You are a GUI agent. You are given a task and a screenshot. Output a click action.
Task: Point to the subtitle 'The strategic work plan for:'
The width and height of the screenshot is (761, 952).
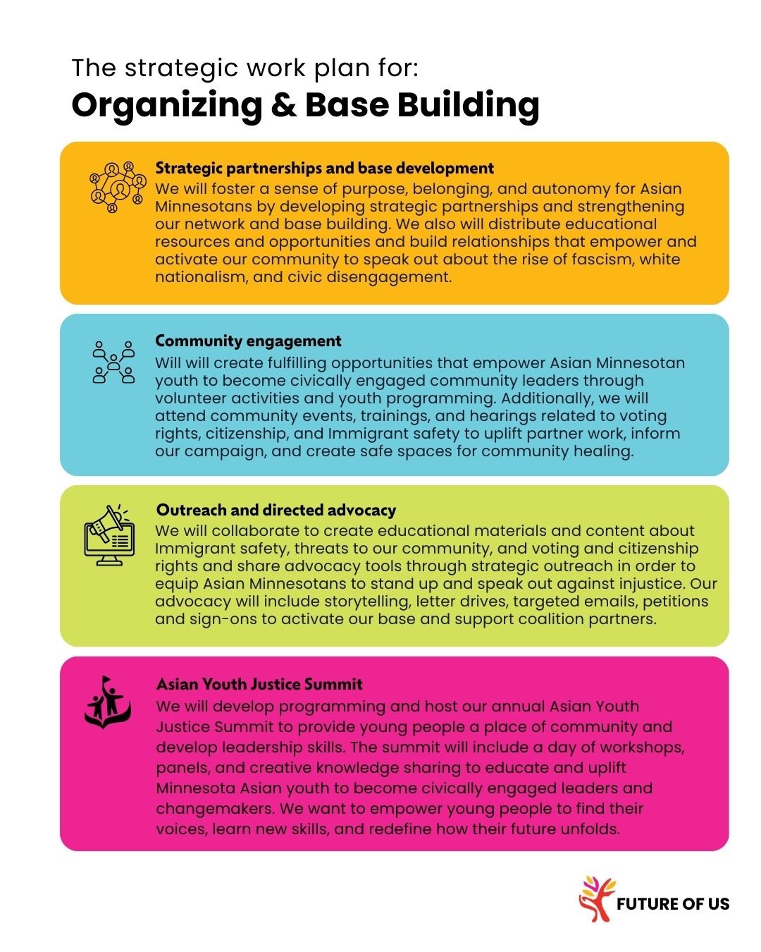245,68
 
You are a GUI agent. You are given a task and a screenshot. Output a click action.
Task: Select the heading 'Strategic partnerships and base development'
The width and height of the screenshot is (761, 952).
324,168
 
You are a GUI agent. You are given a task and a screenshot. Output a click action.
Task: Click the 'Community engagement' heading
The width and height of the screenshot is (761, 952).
248,341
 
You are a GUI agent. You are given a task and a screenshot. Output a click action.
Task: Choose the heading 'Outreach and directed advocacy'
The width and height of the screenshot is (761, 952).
276,510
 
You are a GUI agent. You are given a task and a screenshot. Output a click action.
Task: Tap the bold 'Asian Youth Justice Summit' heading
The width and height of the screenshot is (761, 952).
259,684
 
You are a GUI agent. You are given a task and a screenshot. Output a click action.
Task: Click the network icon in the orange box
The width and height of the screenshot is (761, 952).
113,187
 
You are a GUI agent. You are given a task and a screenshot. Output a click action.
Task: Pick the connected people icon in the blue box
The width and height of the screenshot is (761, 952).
113,362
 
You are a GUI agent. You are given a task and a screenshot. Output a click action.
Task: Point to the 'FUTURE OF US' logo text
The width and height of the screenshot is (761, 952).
672,904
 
